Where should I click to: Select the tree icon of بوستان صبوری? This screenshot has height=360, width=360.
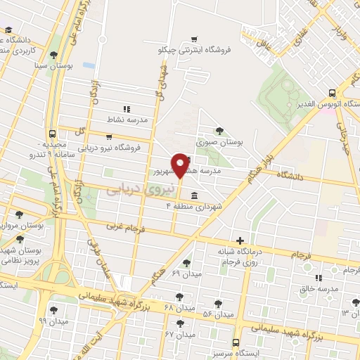[219, 130]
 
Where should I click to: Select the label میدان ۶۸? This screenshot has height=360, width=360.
[179, 307]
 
